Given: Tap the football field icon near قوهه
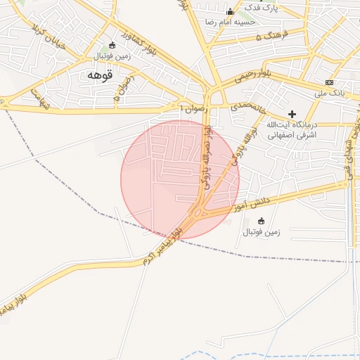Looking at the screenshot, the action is [112, 46].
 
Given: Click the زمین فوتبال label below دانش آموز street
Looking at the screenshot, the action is [262, 231].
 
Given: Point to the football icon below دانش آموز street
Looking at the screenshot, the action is [262, 221].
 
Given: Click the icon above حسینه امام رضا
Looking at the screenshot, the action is [230, 12].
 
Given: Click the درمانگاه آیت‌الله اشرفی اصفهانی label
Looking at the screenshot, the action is [292, 129].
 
